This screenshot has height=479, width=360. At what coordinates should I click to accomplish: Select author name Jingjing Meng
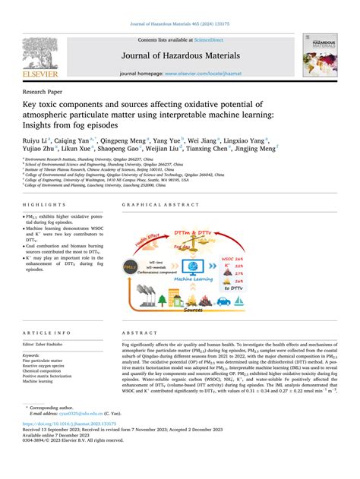tap(259, 151)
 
